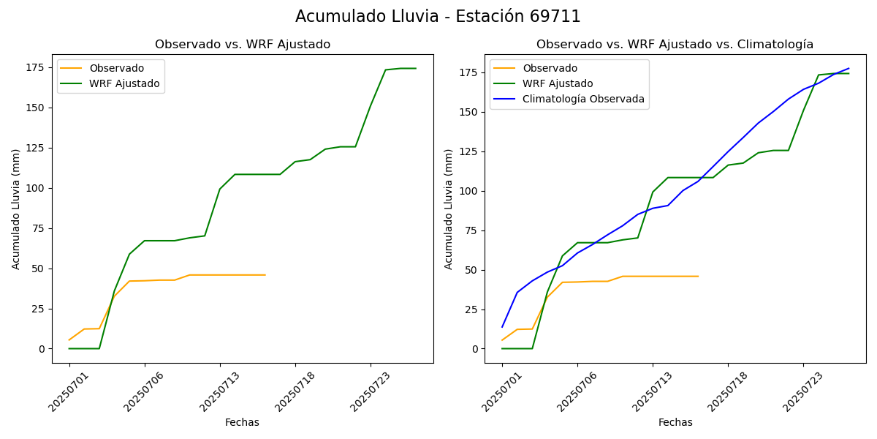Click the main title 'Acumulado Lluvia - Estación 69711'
(438, 17)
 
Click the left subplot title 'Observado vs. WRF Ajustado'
(243, 45)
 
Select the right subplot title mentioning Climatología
(675, 45)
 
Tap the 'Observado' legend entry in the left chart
(117, 69)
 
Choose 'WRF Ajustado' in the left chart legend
(124, 84)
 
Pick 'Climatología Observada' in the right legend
(583, 100)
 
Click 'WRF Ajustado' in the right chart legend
(558, 84)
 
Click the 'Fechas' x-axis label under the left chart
(242, 423)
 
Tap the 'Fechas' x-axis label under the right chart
(675, 423)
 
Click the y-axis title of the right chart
(449, 209)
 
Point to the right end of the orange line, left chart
(265, 275)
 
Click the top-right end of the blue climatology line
(848, 69)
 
